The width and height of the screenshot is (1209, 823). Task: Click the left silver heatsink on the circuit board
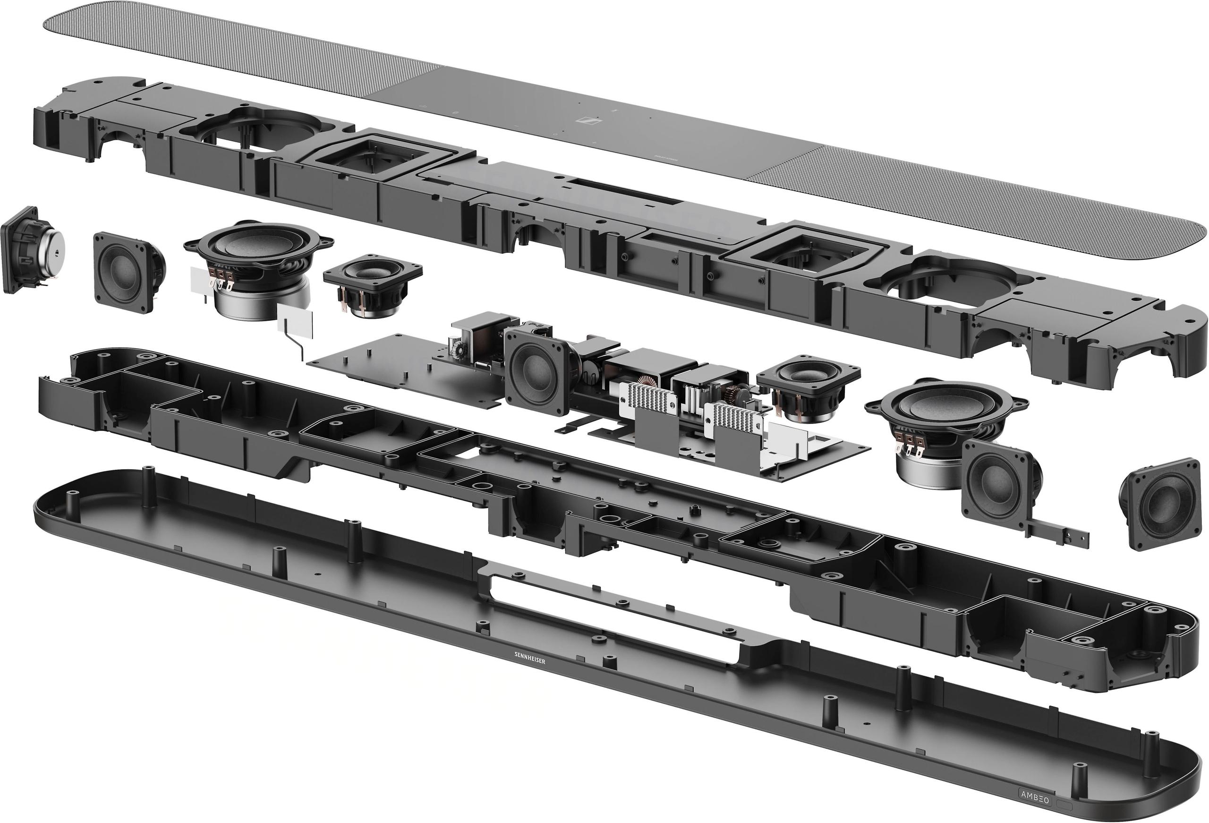click(647, 403)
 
